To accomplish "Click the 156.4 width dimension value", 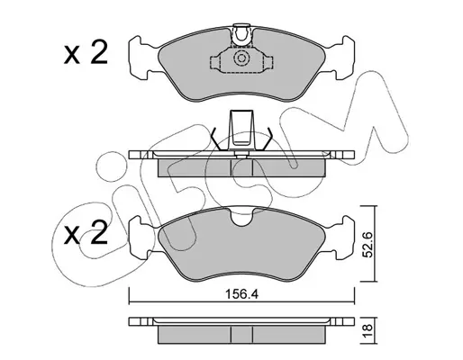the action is pyautogui.click(x=241, y=294).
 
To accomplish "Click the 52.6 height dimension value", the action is pyautogui.click(x=368, y=244).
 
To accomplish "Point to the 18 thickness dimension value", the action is pyautogui.click(x=368, y=330).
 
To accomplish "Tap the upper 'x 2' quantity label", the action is pyautogui.click(x=86, y=52).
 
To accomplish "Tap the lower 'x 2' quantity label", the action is pyautogui.click(x=86, y=232).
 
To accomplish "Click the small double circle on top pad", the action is pyautogui.click(x=241, y=58).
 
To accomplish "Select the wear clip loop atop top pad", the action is pyautogui.click(x=241, y=33).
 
